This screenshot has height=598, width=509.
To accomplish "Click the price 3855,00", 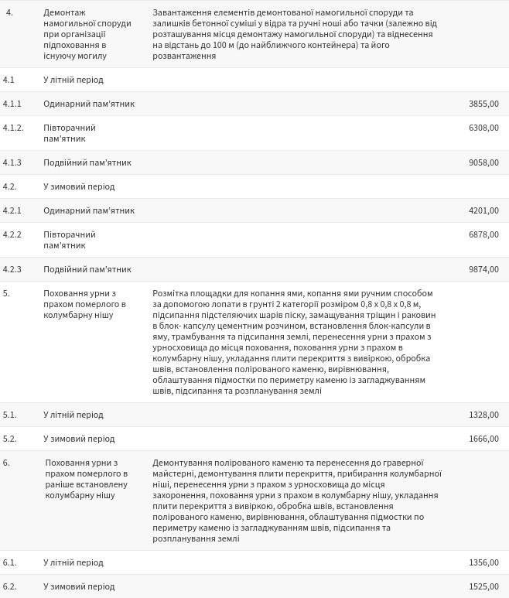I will [x=483, y=104].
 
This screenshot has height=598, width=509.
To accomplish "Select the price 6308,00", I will [x=483, y=128].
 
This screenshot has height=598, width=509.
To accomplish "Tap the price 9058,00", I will [x=483, y=162].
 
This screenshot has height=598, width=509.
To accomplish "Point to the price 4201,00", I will [x=483, y=210].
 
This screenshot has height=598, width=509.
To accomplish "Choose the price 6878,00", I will [x=483, y=234].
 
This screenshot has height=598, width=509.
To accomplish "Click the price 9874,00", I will [x=483, y=269].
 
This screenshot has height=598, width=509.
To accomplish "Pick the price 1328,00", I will [x=483, y=415].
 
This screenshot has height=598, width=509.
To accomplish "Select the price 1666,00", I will [x=483, y=439].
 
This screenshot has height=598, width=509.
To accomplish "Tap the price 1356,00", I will [x=483, y=562].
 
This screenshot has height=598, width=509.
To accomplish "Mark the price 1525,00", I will [x=483, y=586].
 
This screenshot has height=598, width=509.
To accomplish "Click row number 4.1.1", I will [x=12, y=104].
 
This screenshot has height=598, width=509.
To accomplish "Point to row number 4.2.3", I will [x=12, y=269].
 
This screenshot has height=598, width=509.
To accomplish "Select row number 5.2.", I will [x=9, y=439].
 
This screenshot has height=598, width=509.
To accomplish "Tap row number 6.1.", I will [x=9, y=562].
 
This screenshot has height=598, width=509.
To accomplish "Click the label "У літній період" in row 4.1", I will [x=73, y=80].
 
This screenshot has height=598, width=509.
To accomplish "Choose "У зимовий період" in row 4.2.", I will [x=78, y=186].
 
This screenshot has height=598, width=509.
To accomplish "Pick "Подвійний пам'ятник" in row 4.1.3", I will [x=87, y=162].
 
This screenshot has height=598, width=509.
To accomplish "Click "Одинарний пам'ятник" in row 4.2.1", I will [x=89, y=210].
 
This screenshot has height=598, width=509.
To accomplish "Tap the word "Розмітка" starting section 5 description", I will [x=172, y=294].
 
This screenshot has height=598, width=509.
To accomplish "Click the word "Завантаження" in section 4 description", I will [x=183, y=13].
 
